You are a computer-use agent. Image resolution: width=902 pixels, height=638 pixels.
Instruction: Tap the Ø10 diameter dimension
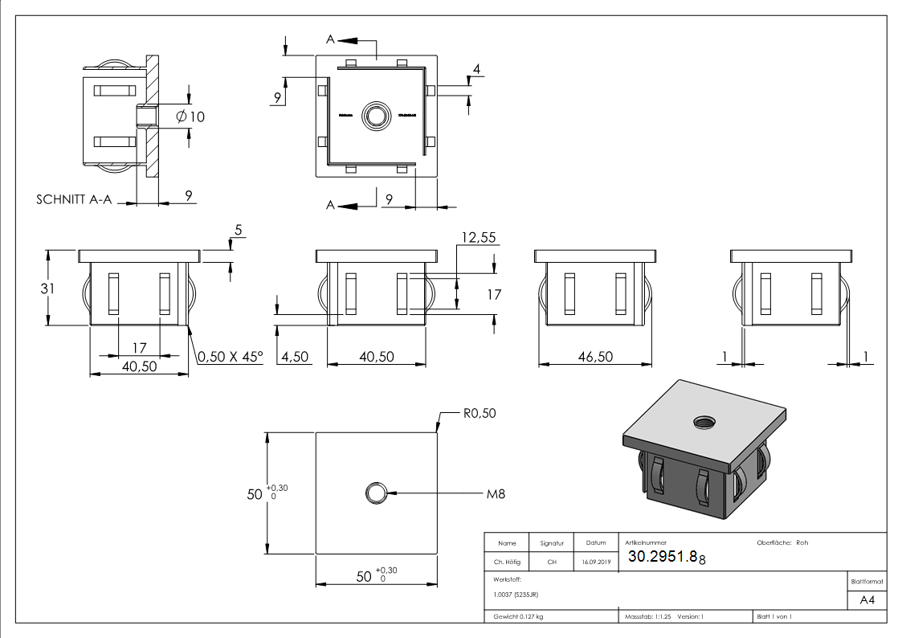[190, 117]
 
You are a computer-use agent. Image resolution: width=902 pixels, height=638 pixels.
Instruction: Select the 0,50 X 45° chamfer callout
[231, 356]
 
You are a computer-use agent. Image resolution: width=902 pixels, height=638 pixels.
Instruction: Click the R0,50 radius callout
[480, 413]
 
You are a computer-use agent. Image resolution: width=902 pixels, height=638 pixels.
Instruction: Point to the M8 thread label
[496, 493]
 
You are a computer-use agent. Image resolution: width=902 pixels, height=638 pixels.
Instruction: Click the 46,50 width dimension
[594, 356]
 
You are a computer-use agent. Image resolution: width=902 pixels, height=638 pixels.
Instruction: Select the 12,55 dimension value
[478, 237]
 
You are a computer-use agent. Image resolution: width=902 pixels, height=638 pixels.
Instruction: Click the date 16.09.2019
[595, 562]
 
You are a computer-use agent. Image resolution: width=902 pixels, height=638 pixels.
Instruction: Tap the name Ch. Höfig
[507, 562]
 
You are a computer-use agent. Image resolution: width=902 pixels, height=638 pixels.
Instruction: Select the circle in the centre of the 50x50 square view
[375, 493]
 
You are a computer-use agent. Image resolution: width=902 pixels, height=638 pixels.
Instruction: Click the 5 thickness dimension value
[238, 231]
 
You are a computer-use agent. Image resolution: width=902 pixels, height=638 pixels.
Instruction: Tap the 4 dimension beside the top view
[476, 70]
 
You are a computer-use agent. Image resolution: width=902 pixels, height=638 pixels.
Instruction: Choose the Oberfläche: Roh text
[782, 542]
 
